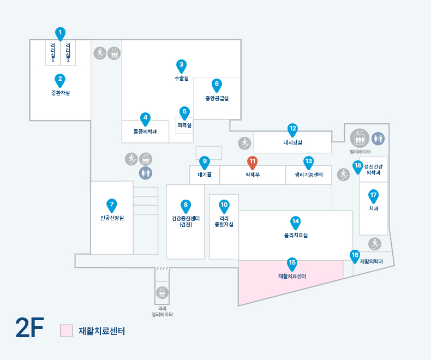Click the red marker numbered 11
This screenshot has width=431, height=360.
(253, 162)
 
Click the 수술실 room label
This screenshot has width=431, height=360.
(182, 79)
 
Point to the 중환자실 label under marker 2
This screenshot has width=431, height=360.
(61, 93)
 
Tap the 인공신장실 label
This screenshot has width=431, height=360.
(111, 218)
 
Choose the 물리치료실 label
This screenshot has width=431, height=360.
(295, 235)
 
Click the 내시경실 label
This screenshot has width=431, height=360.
(292, 142)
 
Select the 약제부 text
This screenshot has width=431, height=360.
(253, 175)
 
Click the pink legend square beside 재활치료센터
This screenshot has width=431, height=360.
(66, 331)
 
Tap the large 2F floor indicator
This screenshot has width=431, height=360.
(29, 328)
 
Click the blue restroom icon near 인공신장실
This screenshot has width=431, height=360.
(145, 173)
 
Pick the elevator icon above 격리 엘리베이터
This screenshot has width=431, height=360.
(162, 292)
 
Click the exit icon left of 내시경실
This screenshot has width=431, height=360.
(244, 143)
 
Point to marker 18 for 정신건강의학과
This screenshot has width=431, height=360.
(358, 166)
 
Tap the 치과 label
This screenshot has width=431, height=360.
(374, 208)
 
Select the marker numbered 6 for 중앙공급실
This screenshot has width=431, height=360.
(217, 85)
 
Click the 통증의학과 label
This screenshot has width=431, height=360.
(145, 131)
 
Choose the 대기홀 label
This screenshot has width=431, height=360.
(205, 175)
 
